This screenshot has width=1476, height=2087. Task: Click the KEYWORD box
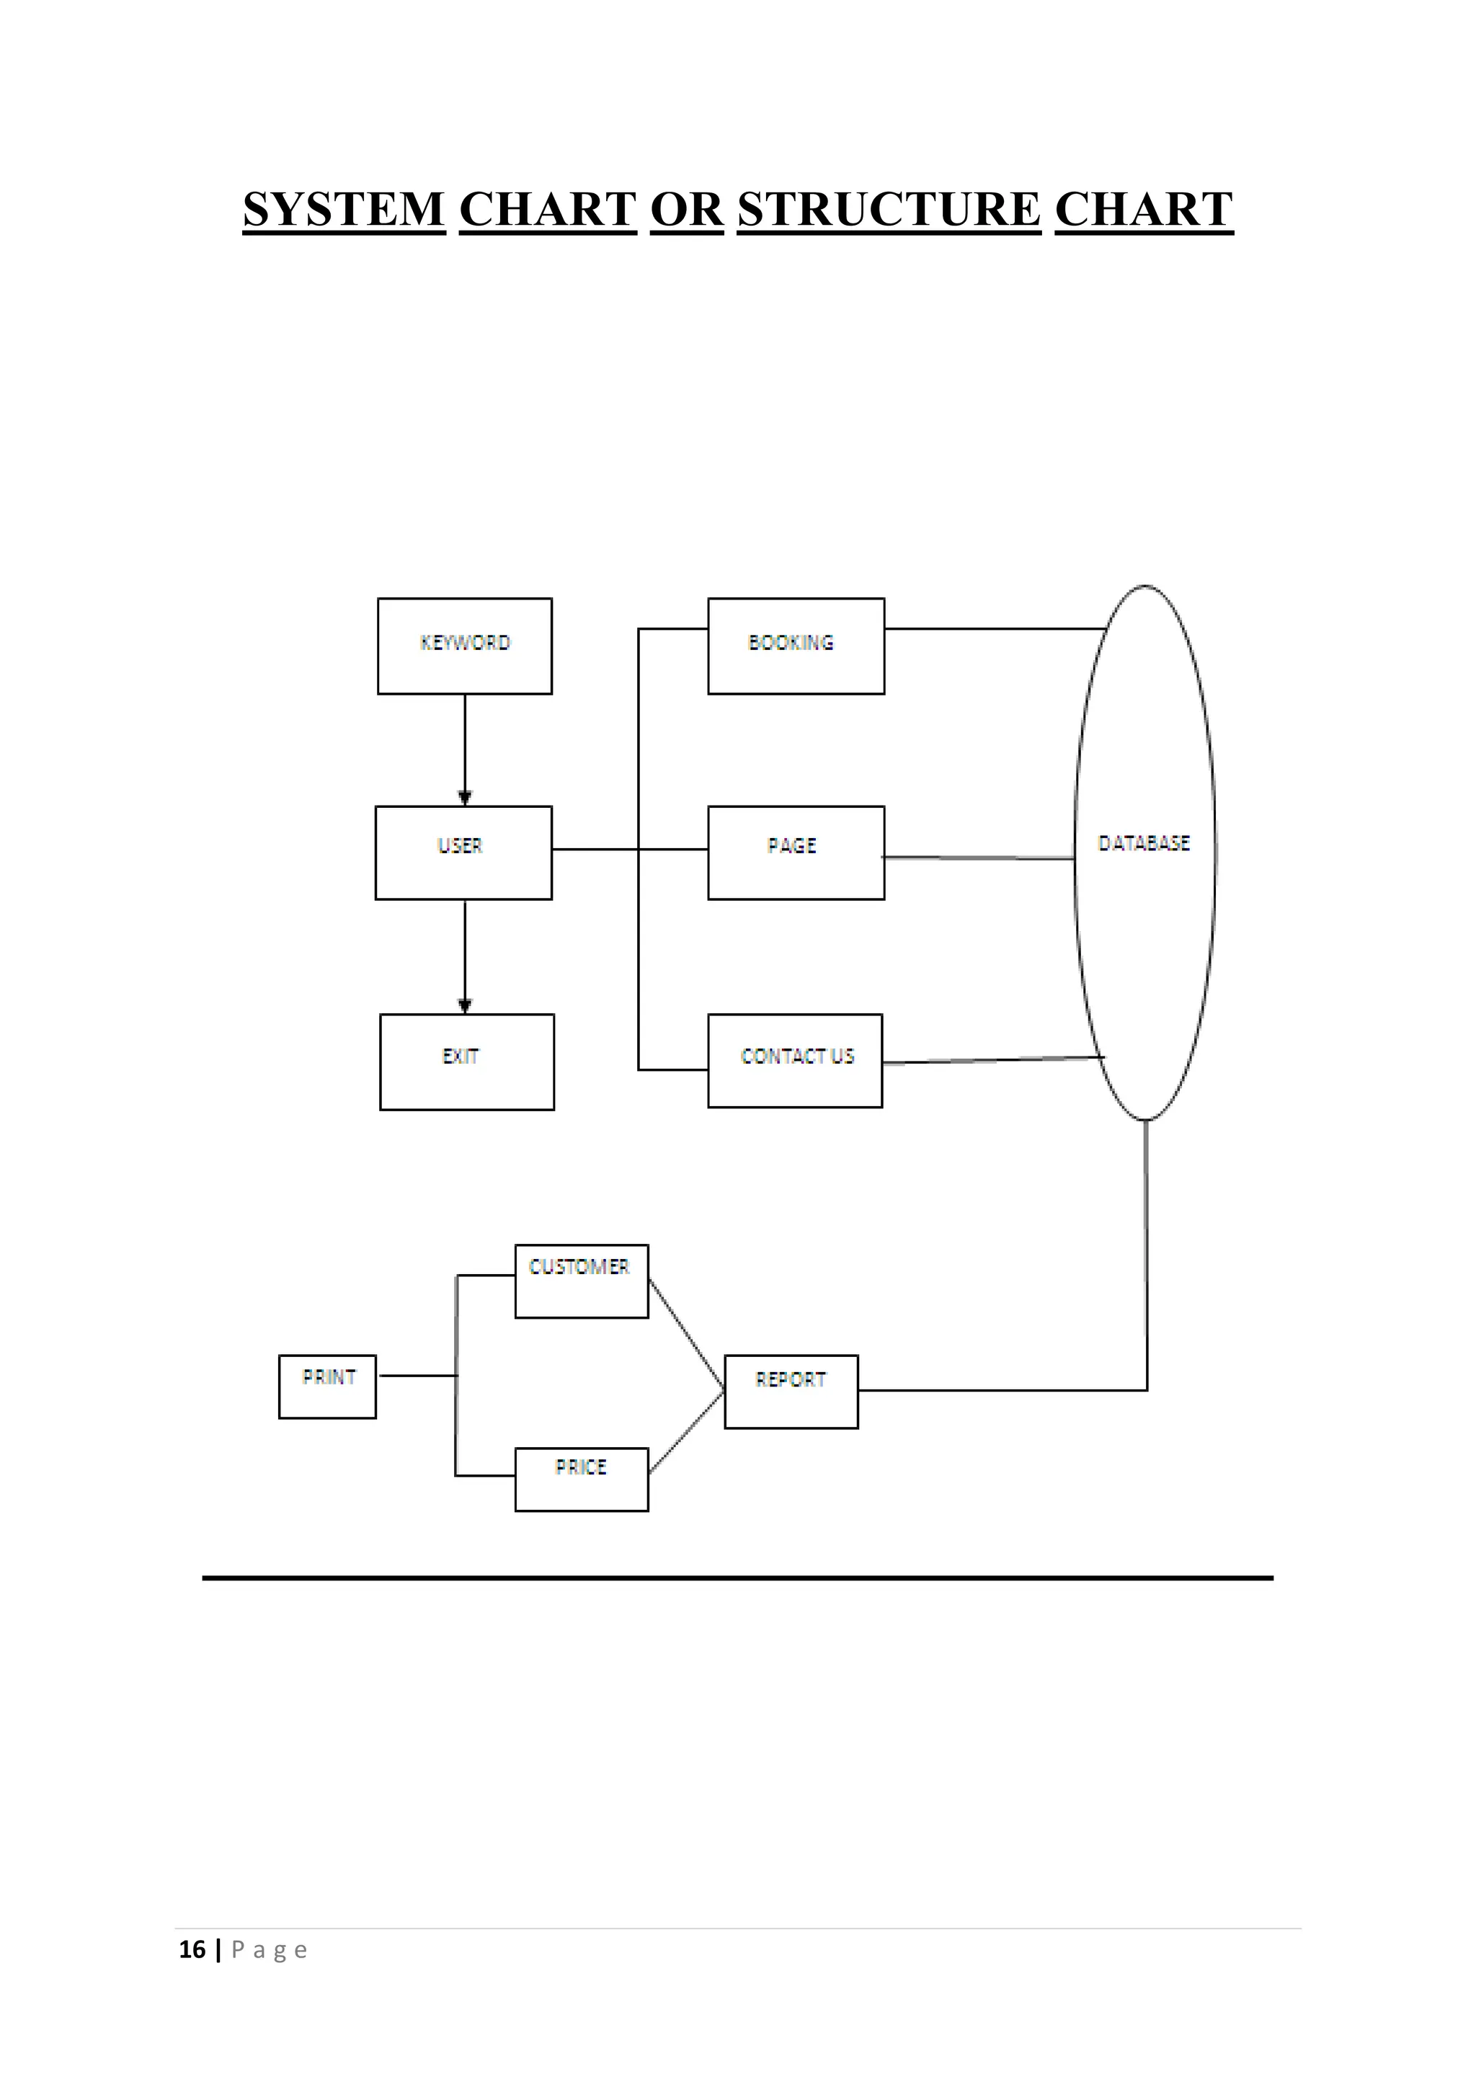tap(464, 646)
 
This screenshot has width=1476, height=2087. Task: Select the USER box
tap(463, 852)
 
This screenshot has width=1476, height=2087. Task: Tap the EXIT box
tap(466, 1061)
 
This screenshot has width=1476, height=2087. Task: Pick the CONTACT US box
tap(794, 1060)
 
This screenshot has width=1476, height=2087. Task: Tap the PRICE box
tap(581, 1479)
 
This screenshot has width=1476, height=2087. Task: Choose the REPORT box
tap(791, 1391)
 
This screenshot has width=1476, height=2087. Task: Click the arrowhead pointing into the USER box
tap(464, 798)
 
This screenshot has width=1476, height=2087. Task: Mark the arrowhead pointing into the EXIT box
tap(464, 1005)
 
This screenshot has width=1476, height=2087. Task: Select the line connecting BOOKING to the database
tap(995, 628)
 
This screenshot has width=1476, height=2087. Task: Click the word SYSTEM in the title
tap(344, 209)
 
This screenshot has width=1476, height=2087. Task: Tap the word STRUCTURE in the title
tap(888, 209)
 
